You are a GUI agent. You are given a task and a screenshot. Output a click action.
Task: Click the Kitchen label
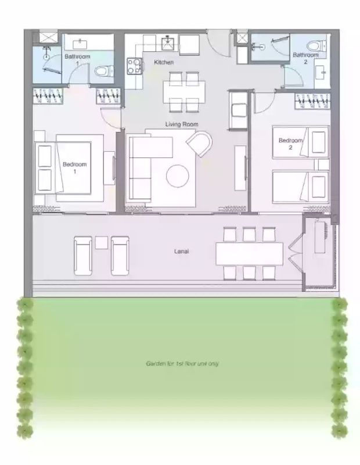163,62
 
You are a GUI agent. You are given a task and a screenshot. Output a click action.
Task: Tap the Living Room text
182,124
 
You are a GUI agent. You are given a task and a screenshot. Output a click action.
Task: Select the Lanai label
182,252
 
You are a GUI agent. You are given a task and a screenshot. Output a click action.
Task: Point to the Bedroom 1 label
74,167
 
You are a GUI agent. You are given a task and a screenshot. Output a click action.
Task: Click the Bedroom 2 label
290,144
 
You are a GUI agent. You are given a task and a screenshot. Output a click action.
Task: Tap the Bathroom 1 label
77,59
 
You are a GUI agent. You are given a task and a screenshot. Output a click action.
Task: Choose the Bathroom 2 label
305,58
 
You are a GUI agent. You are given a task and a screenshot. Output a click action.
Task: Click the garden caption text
182,364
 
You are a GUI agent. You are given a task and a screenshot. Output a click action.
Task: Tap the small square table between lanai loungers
102,242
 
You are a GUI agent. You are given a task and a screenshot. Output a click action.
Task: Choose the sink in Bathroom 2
321,73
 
